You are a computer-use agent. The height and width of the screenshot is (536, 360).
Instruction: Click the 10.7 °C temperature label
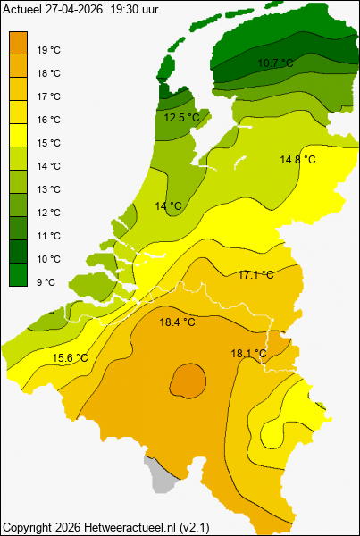(275, 63)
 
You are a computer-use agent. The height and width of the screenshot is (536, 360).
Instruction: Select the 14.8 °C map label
(297, 159)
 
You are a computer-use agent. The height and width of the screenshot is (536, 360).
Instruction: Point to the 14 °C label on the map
(168, 206)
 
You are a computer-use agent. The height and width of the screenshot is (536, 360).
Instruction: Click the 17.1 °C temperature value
(255, 274)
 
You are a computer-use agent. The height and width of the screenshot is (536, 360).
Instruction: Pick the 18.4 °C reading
(177, 322)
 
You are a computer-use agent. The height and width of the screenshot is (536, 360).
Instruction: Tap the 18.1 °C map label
(248, 353)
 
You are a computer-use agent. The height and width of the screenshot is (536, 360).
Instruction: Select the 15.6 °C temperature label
(70, 358)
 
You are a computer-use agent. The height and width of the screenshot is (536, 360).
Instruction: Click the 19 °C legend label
(49, 50)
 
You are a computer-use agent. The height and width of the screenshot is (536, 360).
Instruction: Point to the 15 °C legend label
(49, 143)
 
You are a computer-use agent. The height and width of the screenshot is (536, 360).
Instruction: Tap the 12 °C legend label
(49, 213)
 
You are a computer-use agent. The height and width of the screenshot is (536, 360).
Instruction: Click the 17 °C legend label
(49, 96)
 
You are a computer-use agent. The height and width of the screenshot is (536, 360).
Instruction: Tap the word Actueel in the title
(22, 7)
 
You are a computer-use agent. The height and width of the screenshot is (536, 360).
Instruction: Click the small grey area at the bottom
(160, 478)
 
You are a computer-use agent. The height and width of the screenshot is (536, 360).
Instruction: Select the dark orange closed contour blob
(188, 381)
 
